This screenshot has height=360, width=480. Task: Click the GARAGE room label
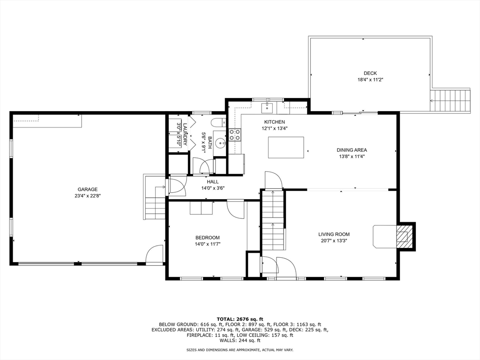click(88, 189)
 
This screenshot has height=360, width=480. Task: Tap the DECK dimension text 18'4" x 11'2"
click(370, 80)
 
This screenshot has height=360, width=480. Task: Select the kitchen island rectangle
click(285, 147)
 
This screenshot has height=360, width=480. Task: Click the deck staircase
click(450, 99)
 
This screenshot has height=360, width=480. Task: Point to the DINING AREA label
click(352, 150)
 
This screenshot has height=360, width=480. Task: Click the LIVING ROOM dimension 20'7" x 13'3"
click(334, 241)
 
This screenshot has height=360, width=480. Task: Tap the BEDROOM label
click(207, 238)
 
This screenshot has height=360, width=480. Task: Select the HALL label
click(212, 182)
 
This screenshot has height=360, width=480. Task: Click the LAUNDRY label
click(185, 134)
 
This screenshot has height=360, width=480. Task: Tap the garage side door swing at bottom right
click(155, 255)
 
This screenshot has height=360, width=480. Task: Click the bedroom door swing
click(236, 209)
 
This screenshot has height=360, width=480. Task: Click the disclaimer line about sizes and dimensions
click(240, 350)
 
